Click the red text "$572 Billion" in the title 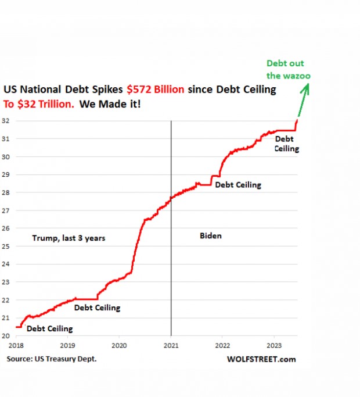(156, 90)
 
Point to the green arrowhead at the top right (307, 87)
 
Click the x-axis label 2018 (15, 345)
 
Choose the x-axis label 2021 (171, 345)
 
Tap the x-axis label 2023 (274, 345)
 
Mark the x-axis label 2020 (119, 345)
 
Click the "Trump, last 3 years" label (69, 238)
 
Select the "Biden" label (211, 236)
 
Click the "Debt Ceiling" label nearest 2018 (50, 328)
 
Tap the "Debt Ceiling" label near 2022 (238, 185)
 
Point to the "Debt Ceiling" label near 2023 (286, 144)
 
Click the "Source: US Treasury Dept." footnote (52, 359)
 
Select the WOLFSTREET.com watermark (261, 359)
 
